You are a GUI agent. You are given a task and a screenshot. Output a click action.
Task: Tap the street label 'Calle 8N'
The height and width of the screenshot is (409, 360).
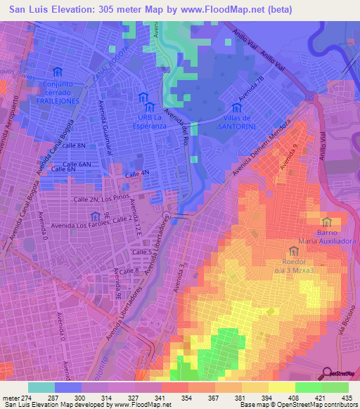[74, 145]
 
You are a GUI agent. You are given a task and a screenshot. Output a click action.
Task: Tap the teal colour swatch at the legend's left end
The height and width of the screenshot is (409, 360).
[41, 387]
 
